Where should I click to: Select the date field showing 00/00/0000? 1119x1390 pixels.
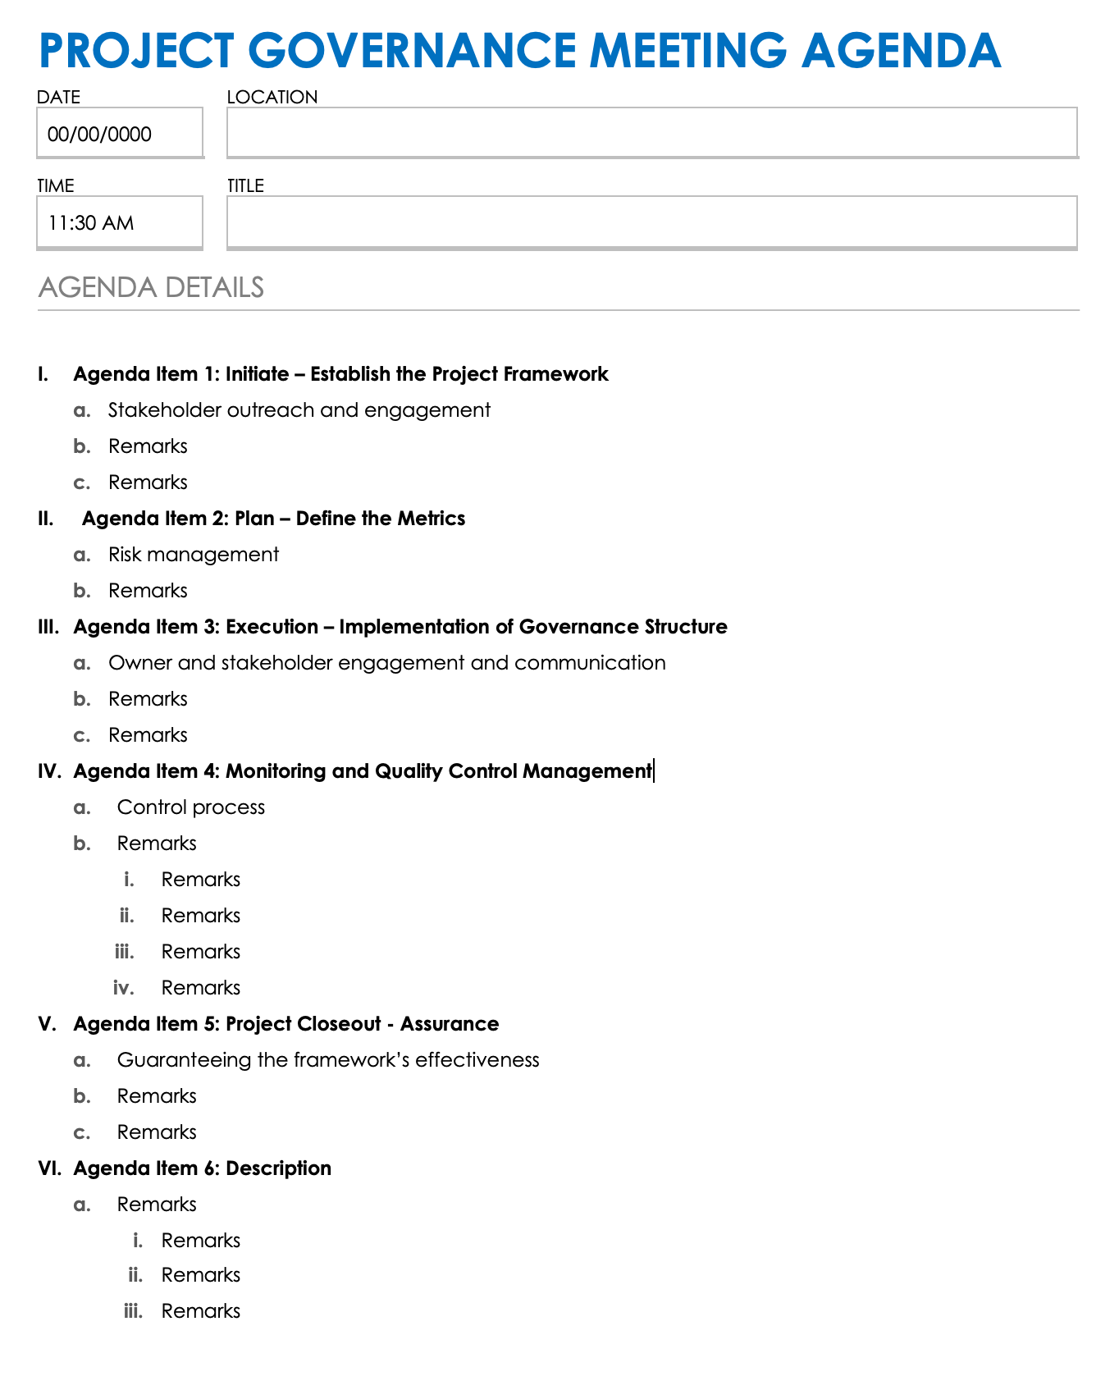click(119, 134)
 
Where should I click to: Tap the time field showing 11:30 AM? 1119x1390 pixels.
click(119, 222)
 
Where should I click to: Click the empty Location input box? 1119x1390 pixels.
click(651, 132)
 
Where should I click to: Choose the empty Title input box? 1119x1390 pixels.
click(651, 222)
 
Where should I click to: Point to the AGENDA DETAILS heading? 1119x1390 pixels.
click(151, 287)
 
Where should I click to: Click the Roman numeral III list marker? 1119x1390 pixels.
click(48, 627)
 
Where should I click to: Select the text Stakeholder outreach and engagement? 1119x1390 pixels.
click(299, 410)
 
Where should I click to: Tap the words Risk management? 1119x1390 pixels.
click(194, 555)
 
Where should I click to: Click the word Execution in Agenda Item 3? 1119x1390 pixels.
click(272, 627)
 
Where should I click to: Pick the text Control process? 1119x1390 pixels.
click(191, 807)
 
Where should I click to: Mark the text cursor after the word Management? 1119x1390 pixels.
click(654, 771)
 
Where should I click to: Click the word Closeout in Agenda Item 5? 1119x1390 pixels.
click(339, 1024)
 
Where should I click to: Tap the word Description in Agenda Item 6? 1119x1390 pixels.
click(278, 1168)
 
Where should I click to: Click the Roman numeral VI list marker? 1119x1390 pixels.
click(49, 1168)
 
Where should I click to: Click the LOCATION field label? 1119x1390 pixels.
click(272, 97)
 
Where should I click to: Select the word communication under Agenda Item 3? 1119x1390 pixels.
click(590, 663)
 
